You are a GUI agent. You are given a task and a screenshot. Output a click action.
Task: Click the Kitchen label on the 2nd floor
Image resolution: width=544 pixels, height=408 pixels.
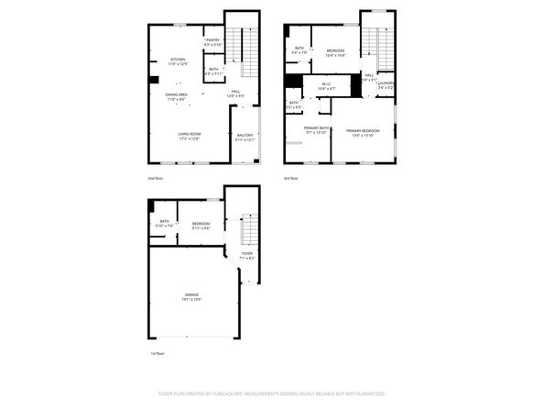tap(179, 61)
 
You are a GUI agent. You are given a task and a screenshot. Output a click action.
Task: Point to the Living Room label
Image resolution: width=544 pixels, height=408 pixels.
tap(190, 136)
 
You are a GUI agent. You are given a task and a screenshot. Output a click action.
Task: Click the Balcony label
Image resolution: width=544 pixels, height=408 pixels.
tap(245, 138)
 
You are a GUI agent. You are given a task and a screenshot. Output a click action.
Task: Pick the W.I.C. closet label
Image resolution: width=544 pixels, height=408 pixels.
tap(326, 87)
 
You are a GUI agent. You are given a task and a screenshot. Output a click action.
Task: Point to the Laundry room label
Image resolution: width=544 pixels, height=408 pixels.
tap(386, 85)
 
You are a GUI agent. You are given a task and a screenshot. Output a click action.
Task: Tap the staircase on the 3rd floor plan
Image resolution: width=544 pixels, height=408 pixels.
tap(370, 46)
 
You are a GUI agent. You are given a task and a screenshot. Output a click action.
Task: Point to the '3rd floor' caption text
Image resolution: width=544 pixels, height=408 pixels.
tap(291, 178)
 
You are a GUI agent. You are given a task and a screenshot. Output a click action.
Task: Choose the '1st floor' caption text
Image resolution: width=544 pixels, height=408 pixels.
tap(158, 353)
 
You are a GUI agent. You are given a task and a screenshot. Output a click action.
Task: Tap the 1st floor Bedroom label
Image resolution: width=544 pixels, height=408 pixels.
tap(201, 226)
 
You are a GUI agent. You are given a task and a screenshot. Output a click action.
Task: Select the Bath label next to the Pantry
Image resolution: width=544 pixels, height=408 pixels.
tap(212, 71)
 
